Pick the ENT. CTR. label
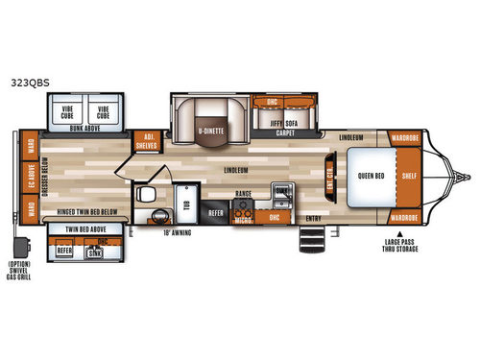click(x=329, y=179)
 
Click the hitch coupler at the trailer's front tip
click(x=468, y=176)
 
